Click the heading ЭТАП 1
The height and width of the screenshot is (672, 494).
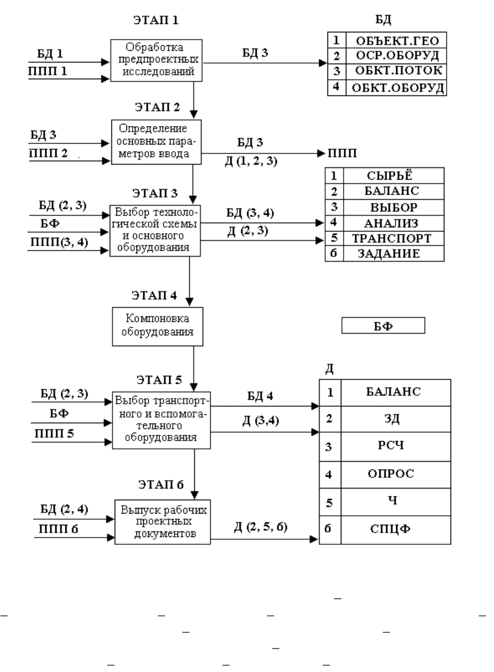(156, 20)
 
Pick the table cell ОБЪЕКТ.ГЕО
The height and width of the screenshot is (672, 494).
(397, 40)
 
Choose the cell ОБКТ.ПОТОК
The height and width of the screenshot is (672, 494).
(397, 71)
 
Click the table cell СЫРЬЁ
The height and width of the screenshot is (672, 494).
(394, 176)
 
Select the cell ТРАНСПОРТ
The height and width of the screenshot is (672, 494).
(394, 238)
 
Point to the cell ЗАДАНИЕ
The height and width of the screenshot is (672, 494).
(394, 254)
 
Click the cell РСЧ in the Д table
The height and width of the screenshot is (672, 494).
(396, 446)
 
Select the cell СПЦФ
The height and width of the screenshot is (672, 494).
(396, 530)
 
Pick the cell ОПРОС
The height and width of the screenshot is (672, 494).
(396, 475)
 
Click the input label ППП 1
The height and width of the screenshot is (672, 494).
(48, 71)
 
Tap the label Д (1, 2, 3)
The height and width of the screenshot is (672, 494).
(251, 161)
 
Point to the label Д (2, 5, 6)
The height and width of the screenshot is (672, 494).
(261, 526)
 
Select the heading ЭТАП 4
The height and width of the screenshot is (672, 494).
(154, 296)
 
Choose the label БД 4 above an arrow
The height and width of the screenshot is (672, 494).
(260, 396)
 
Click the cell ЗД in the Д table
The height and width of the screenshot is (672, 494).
(396, 419)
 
